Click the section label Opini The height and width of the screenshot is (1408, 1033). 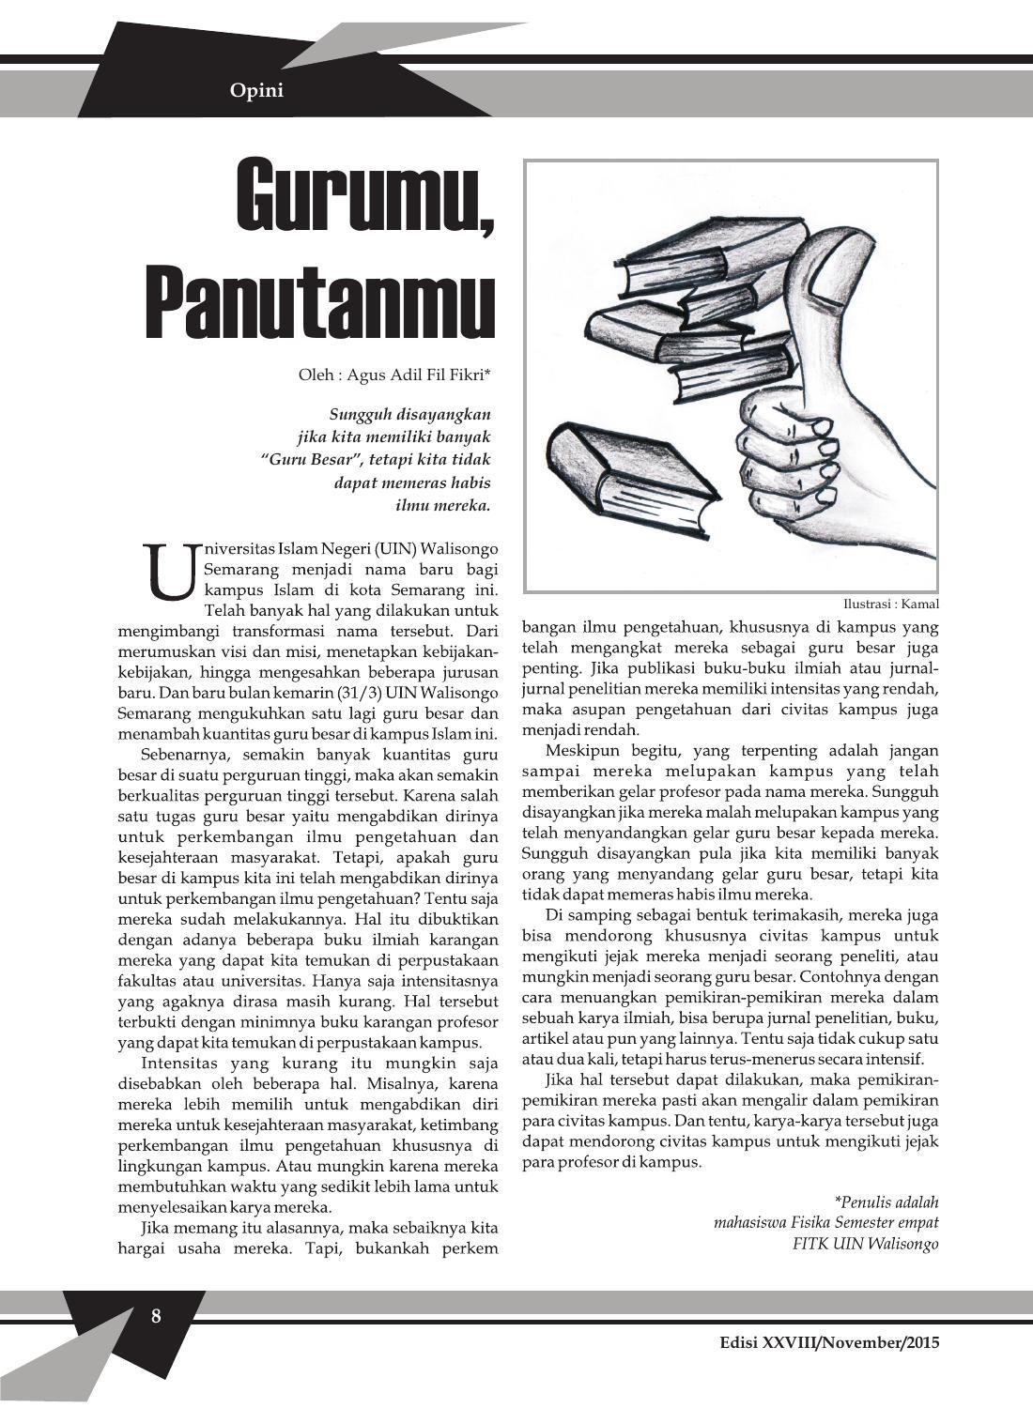[256, 91]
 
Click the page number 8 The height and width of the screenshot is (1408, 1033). [156, 1315]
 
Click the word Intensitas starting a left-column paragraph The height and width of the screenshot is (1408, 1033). [183, 1063]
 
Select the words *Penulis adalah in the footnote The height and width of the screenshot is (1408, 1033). [886, 1201]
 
